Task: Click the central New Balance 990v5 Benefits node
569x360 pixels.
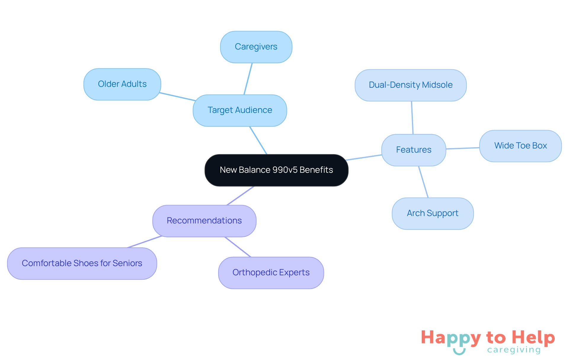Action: pos(276,170)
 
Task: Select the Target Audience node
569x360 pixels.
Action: pos(240,110)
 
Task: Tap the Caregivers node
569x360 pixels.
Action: pos(256,47)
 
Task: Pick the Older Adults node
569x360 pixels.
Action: pos(122,84)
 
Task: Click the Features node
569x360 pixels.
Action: pos(413,150)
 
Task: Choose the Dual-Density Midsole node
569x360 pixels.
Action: pos(410,85)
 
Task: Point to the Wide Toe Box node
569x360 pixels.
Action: pos(520,146)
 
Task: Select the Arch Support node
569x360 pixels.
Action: pos(432,213)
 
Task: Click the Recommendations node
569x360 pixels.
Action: pos(204,221)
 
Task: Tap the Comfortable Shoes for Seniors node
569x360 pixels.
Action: pos(82,263)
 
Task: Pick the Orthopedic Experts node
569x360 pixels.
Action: pos(271,273)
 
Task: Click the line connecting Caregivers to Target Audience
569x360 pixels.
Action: pos(248,79)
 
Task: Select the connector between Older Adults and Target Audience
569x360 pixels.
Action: pos(177,97)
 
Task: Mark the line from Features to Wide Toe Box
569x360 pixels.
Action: pos(463,148)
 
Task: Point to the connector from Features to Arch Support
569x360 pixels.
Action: pos(423,182)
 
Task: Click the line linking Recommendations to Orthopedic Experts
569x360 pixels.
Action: pos(238,247)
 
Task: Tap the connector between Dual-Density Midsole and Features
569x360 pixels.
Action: pos(412,118)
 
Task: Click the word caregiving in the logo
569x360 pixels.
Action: pos(514,350)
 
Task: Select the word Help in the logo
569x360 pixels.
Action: pos(533,337)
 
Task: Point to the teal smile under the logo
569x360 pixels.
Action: pos(459,352)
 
